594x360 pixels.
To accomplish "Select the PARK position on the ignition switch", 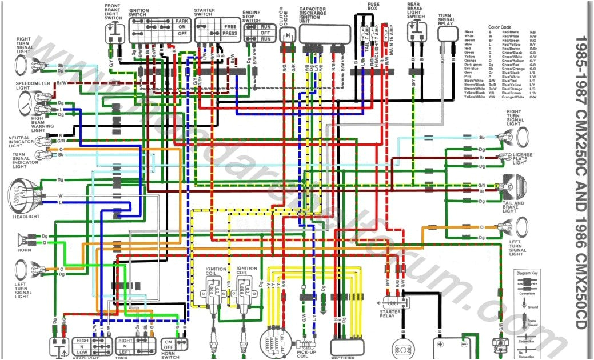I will pos(182,21).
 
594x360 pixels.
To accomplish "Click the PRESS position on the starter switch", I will pos(230,34).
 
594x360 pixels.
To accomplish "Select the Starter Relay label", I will pos(389,314).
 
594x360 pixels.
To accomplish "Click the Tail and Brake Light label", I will pos(514,207).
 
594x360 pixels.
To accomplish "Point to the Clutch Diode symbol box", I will pos(288,35).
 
